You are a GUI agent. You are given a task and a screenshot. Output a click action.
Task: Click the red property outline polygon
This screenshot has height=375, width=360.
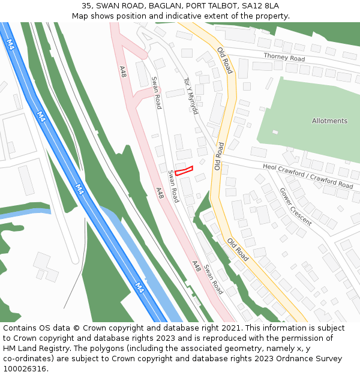[x=184, y=170]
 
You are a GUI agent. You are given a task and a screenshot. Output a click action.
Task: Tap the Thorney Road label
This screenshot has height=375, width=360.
[x=284, y=58]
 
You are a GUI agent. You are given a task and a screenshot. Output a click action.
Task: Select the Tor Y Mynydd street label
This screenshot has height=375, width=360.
[x=191, y=96]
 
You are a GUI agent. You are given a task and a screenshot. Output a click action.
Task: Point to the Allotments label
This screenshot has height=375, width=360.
[x=329, y=121]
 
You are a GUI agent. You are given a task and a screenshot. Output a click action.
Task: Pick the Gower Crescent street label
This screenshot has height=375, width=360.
[x=295, y=206]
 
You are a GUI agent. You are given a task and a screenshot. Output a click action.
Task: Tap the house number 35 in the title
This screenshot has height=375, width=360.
[x=95, y=5]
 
